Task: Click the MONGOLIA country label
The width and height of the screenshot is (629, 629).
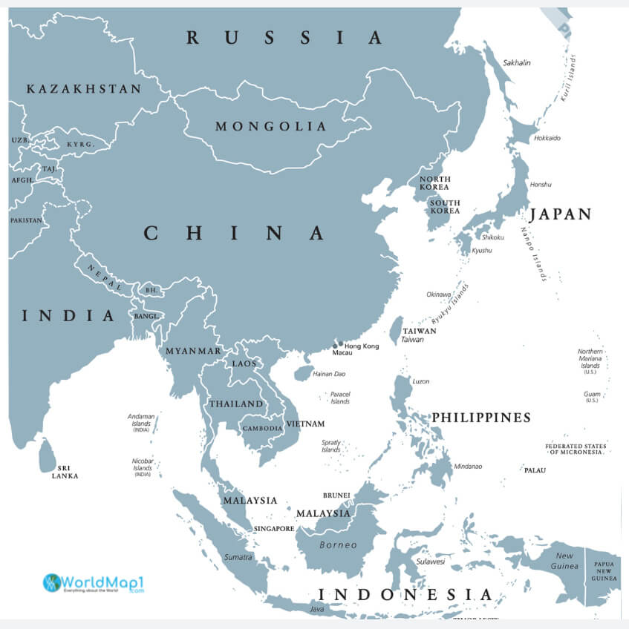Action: click(x=271, y=127)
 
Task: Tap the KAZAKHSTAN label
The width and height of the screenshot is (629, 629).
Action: click(x=84, y=89)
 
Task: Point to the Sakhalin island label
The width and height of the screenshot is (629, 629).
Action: click(x=517, y=63)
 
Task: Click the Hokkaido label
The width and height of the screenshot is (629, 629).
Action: click(x=547, y=139)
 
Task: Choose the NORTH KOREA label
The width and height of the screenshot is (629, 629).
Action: click(x=434, y=182)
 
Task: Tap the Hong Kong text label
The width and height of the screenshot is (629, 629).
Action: click(x=362, y=346)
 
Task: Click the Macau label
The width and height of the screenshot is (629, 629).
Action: click(x=342, y=353)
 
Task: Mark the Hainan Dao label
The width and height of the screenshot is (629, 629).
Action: click(x=330, y=374)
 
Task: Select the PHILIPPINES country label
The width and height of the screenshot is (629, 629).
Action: click(x=481, y=418)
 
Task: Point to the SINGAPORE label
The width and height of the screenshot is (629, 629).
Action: click(x=274, y=529)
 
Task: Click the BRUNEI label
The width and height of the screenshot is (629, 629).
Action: click(x=336, y=495)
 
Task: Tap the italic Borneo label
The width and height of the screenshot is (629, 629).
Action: click(x=338, y=545)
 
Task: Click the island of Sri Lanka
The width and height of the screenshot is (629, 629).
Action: click(x=47, y=455)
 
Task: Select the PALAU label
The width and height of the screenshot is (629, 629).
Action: click(x=535, y=470)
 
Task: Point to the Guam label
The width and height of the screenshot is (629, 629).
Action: click(x=591, y=394)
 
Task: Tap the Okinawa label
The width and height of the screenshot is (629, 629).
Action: click(x=438, y=294)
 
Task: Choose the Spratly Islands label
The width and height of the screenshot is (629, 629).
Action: click(x=331, y=446)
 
